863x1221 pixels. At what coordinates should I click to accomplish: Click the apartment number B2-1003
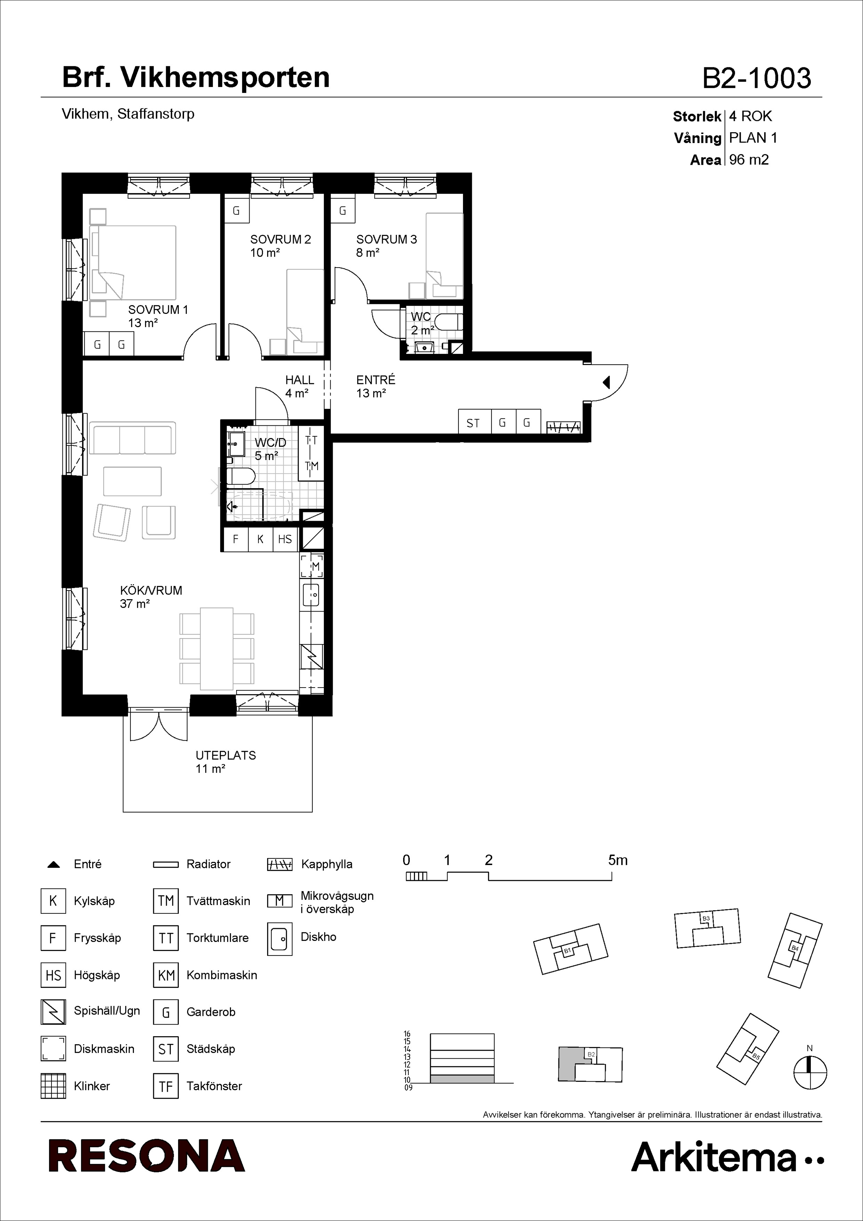click(x=757, y=78)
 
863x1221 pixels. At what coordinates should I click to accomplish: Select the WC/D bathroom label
click(x=270, y=442)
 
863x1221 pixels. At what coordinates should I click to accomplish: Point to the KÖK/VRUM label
click(x=151, y=590)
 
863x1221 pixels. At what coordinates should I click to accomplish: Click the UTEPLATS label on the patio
click(x=225, y=755)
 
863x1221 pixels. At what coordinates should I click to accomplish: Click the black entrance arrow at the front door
click(x=605, y=382)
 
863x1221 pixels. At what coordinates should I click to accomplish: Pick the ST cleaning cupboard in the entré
click(x=473, y=422)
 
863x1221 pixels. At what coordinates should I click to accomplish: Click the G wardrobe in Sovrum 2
click(x=236, y=211)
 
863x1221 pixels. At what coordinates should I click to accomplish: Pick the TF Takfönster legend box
click(x=165, y=1086)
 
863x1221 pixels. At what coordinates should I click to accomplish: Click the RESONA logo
click(x=146, y=1156)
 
